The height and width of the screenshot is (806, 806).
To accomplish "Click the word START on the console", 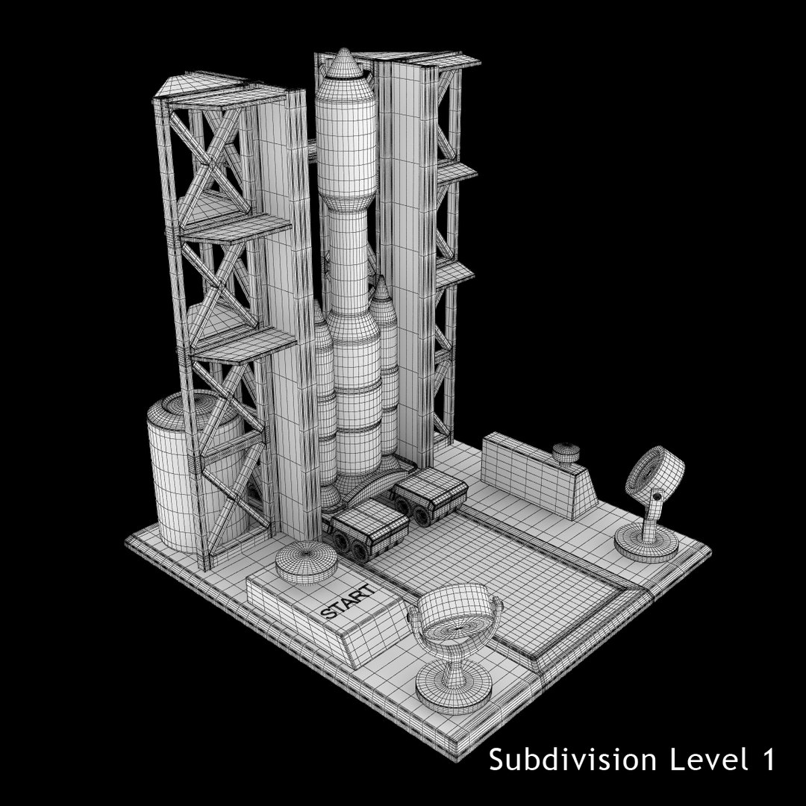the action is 347,601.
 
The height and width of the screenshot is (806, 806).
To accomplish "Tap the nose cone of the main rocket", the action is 344,64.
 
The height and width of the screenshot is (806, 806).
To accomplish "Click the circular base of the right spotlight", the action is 645,544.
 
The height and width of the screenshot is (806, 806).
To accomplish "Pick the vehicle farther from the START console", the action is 429,496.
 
